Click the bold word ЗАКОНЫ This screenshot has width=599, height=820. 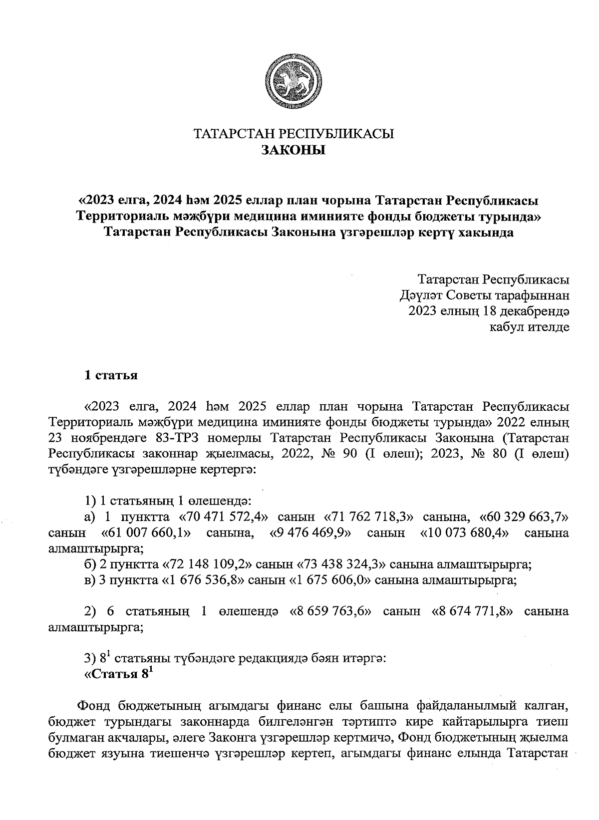(x=294, y=150)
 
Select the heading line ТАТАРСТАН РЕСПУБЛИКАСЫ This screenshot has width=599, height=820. (x=294, y=133)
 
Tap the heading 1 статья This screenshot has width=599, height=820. (x=110, y=375)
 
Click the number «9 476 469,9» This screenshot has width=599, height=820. (x=310, y=533)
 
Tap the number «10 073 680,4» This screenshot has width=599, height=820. (x=464, y=533)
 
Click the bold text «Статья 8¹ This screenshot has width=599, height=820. (x=116, y=674)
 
